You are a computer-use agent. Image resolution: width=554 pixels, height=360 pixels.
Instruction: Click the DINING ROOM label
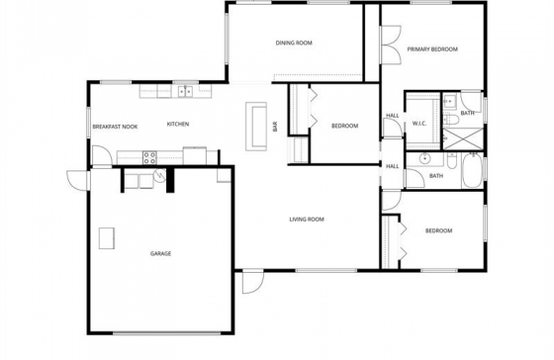[294, 44]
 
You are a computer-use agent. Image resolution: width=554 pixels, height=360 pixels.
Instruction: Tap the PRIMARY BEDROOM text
[432, 49]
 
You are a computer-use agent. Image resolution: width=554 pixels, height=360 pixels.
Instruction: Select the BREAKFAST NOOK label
[115, 127]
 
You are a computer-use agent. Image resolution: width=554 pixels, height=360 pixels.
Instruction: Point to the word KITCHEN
[178, 124]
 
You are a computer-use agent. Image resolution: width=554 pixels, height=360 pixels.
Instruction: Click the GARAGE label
[160, 253]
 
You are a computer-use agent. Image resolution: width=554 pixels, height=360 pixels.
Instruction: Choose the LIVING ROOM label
[307, 220]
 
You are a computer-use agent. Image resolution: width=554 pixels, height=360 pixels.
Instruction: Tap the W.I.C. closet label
[419, 124]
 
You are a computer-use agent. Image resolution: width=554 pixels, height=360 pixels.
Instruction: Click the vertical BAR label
[275, 127]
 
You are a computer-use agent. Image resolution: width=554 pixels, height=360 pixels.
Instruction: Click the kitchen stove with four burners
[149, 157]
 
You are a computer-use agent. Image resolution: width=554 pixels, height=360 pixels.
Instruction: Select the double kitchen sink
[185, 92]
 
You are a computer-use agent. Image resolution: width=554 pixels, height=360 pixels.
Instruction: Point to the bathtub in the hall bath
[473, 170]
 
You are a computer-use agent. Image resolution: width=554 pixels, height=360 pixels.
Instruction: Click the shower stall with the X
[463, 138]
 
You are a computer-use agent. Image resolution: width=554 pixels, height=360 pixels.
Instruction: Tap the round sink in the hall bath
[424, 159]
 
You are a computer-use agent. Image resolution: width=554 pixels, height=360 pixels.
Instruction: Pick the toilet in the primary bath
[450, 119]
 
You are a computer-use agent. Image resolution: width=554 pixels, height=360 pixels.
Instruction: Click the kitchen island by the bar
[256, 127]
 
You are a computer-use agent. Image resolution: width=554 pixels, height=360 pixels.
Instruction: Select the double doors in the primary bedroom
[391, 45]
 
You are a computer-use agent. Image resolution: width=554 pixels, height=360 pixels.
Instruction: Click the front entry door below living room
[253, 282]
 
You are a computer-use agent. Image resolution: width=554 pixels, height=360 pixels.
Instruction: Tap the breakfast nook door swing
[102, 155]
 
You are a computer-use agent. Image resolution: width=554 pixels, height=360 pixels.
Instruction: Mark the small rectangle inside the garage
[107, 238]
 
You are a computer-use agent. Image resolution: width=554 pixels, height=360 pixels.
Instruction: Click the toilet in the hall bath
[451, 161]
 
